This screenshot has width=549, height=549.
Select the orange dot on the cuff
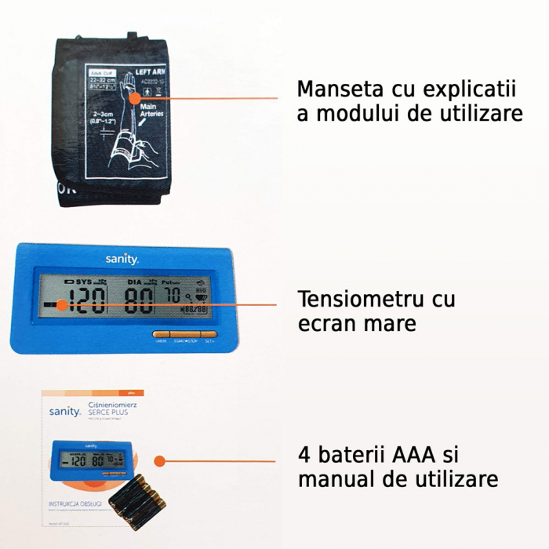point(135,97)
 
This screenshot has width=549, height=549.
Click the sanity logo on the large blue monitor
point(122,258)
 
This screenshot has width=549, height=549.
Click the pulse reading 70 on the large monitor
point(172,296)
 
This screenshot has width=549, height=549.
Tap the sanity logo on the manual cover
point(65,411)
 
